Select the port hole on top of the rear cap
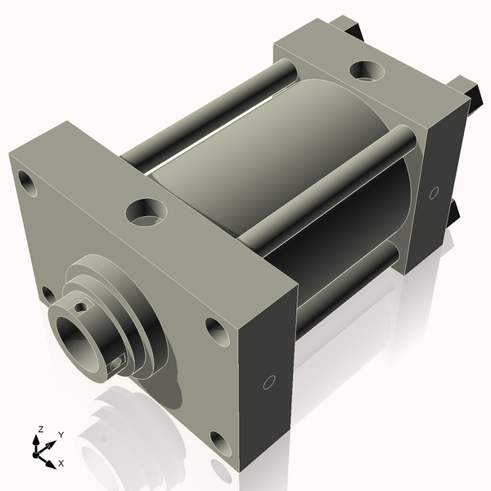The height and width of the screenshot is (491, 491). point(364,70)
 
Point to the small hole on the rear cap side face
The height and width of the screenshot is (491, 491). point(434,192)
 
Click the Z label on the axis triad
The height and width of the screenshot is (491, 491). point(40,430)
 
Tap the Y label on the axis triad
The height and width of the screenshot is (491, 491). point(61,435)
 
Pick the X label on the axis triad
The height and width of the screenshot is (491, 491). point(61,463)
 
